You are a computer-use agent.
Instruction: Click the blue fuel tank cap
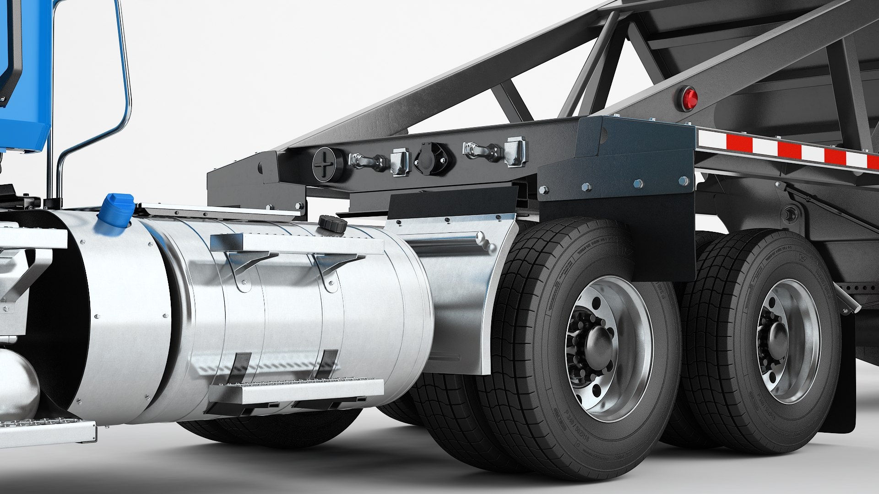[118, 210]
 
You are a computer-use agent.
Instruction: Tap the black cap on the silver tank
[333, 223]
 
